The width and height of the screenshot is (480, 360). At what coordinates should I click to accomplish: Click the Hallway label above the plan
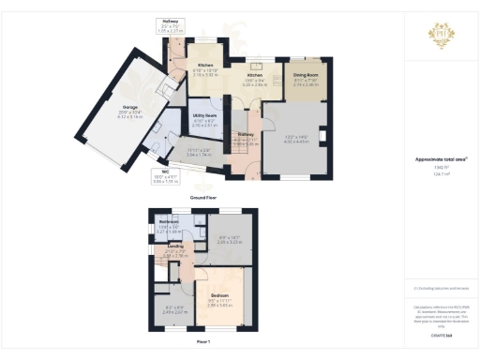pos(169,20)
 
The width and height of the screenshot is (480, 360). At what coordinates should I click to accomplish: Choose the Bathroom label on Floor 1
pos(169,221)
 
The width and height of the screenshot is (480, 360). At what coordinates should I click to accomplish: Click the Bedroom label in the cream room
pos(218,295)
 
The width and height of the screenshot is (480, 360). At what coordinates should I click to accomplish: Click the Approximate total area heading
pos(441,159)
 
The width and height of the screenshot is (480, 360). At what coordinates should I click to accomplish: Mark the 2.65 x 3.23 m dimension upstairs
pos(217,242)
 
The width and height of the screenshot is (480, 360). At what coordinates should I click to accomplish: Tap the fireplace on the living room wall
pos(323,141)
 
